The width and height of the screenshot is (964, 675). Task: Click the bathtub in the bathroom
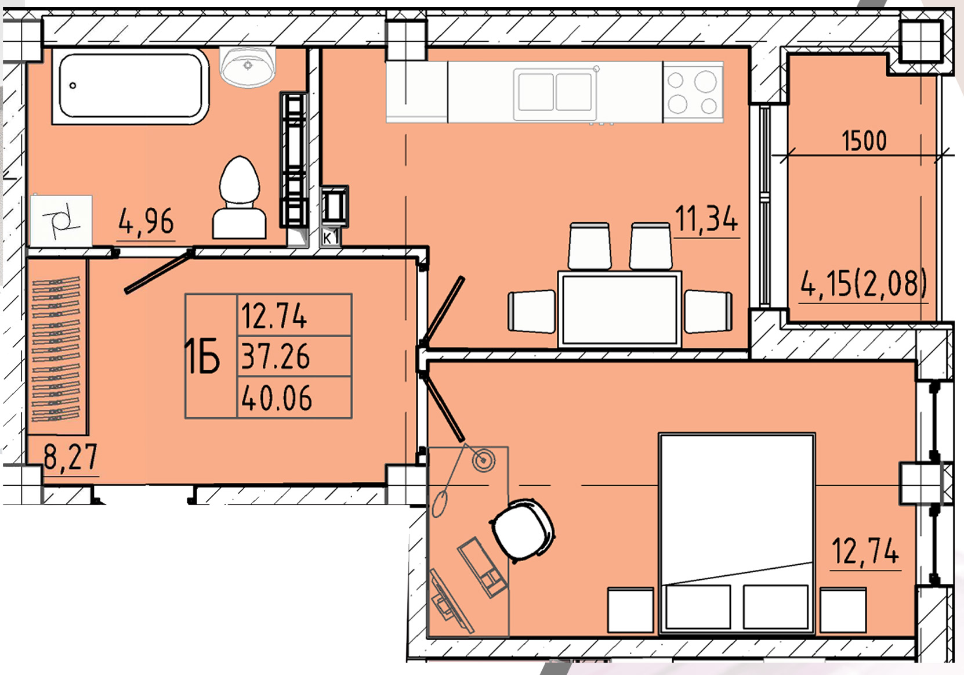(x=131, y=86)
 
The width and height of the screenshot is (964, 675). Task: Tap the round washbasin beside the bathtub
(x=248, y=67)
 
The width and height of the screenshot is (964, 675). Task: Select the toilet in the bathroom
(x=240, y=197)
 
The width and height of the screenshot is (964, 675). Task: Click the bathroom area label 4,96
(x=146, y=221)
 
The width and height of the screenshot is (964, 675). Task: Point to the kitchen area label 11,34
(x=706, y=218)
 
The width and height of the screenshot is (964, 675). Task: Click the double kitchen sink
(x=555, y=92)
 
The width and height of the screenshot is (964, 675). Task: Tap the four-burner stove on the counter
(x=693, y=92)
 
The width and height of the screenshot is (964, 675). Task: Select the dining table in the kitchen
(x=619, y=309)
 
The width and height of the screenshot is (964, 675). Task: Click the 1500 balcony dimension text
(x=864, y=141)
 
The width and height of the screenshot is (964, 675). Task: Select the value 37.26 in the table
(x=276, y=357)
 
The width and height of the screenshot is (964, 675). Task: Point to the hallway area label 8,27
(x=71, y=457)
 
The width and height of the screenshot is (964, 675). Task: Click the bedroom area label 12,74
(x=865, y=551)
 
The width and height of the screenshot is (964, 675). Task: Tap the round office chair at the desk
(x=523, y=530)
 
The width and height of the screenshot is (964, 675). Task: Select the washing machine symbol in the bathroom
(x=61, y=221)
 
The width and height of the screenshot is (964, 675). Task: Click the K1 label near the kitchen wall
(x=331, y=238)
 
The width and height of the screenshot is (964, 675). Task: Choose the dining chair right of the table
(x=708, y=312)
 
